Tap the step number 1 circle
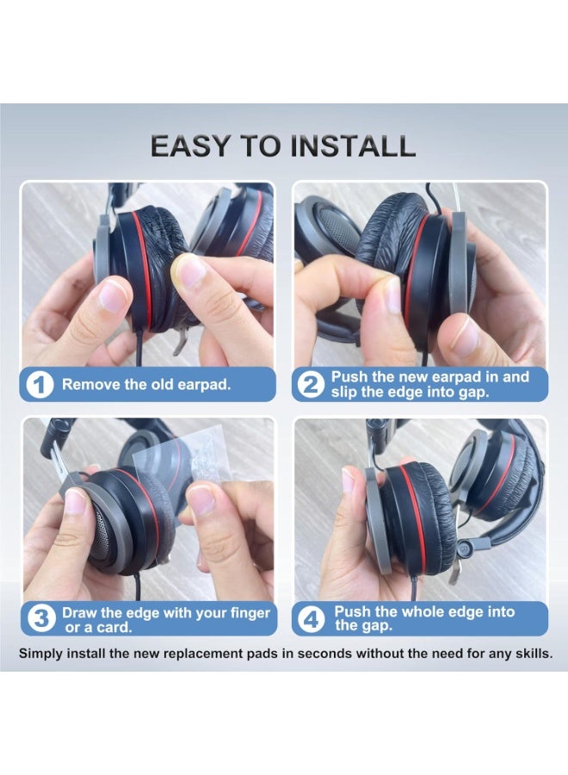pos(40,385)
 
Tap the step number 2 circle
pos(310,385)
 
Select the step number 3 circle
pos(40,619)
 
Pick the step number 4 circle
pos(310,619)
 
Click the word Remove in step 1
pos(88,385)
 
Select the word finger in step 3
pos(247,612)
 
